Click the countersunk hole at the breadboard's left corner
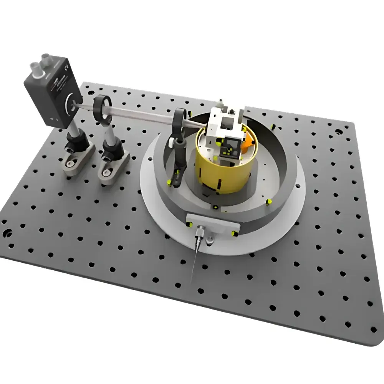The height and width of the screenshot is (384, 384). [x=7, y=232]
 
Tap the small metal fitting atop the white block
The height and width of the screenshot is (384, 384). [x=220, y=103]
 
